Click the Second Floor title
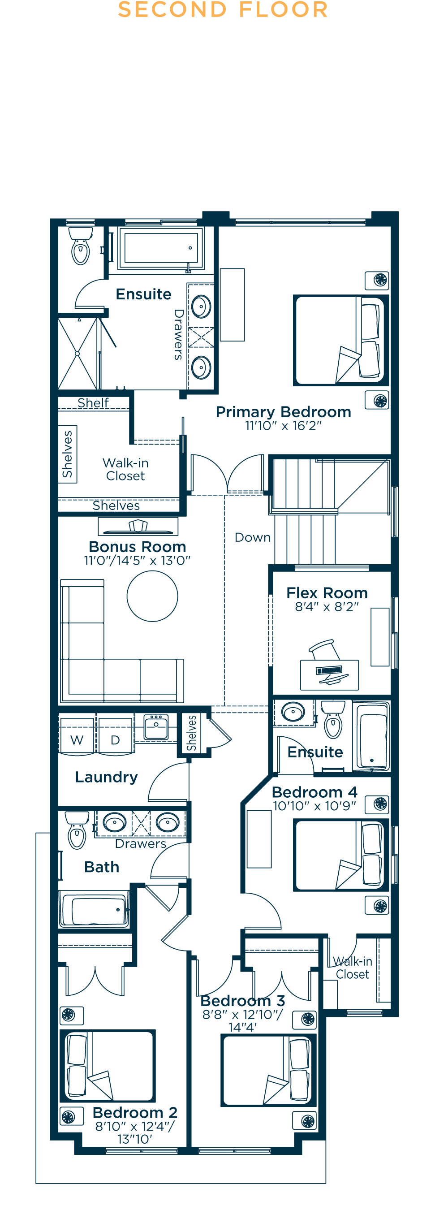tap(223, 10)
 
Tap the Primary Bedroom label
tap(283, 412)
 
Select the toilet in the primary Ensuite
tap(81, 246)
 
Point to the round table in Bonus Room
tap(152, 596)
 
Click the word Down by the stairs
tap(253, 537)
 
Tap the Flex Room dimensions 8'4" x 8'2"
tap(327, 606)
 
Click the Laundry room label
tap(106, 777)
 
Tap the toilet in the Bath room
tap(77, 831)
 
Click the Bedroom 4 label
tap(314, 792)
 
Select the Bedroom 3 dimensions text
tap(242, 1021)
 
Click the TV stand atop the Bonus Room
tap(138, 527)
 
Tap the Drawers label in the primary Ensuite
tap(178, 334)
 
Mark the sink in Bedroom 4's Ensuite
tap(293, 712)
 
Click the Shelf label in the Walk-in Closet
tap(93, 403)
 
